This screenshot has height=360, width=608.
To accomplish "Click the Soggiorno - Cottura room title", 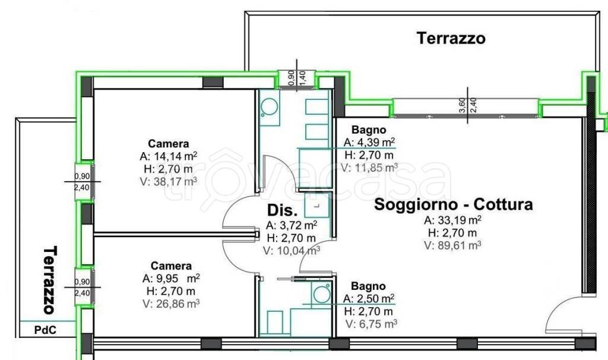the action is click(453, 204).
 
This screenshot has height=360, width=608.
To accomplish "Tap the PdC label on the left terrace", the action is click(45, 330).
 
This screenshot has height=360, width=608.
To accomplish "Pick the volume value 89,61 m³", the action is click(458, 245).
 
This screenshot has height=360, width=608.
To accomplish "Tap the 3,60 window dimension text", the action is click(462, 105).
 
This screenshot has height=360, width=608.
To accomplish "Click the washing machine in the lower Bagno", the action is click(322, 293).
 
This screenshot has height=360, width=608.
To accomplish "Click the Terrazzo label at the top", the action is click(451, 39).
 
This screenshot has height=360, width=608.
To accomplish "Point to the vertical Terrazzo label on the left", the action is click(50, 280).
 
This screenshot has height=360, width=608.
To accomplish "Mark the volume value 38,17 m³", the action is click(175, 181).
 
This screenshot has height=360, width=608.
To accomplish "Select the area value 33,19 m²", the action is click(460, 220).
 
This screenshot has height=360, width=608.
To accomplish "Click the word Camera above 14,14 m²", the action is click(169, 144).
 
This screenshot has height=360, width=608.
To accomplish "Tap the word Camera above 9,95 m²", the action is click(171, 266).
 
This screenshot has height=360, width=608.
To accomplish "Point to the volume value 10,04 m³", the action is click(299, 251).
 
